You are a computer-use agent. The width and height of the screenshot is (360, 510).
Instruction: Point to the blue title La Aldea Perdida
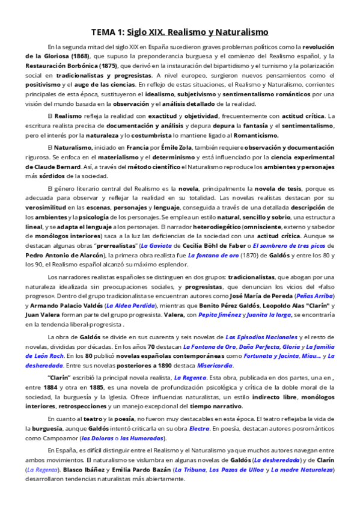[x=126, y=306]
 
